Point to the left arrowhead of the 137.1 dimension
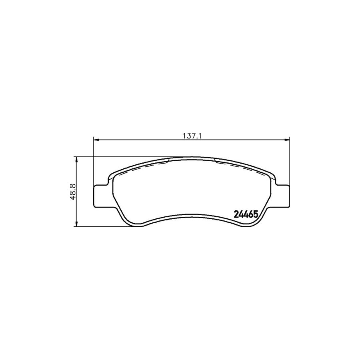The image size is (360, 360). tap(96, 140)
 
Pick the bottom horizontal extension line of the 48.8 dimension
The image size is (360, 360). tap(104, 227)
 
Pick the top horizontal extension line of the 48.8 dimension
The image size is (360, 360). tap(120, 156)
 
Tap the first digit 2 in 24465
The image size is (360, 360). tap(236, 214)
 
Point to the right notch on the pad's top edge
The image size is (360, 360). tap(215, 160)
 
